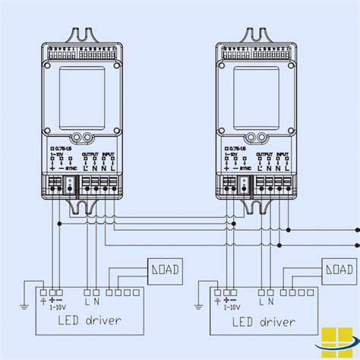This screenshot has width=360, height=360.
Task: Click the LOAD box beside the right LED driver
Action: [x=338, y=270]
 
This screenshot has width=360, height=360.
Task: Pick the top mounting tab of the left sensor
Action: [x=83, y=35]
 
